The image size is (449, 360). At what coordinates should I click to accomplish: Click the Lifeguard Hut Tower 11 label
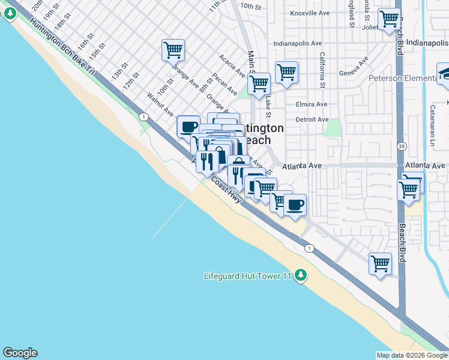point(247,276)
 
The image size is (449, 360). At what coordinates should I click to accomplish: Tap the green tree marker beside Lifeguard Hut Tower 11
point(301,276)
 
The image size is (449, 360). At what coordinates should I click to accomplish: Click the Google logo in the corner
point(20,353)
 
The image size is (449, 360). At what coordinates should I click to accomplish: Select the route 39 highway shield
point(400,146)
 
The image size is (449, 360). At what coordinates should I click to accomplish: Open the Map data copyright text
point(412,355)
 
